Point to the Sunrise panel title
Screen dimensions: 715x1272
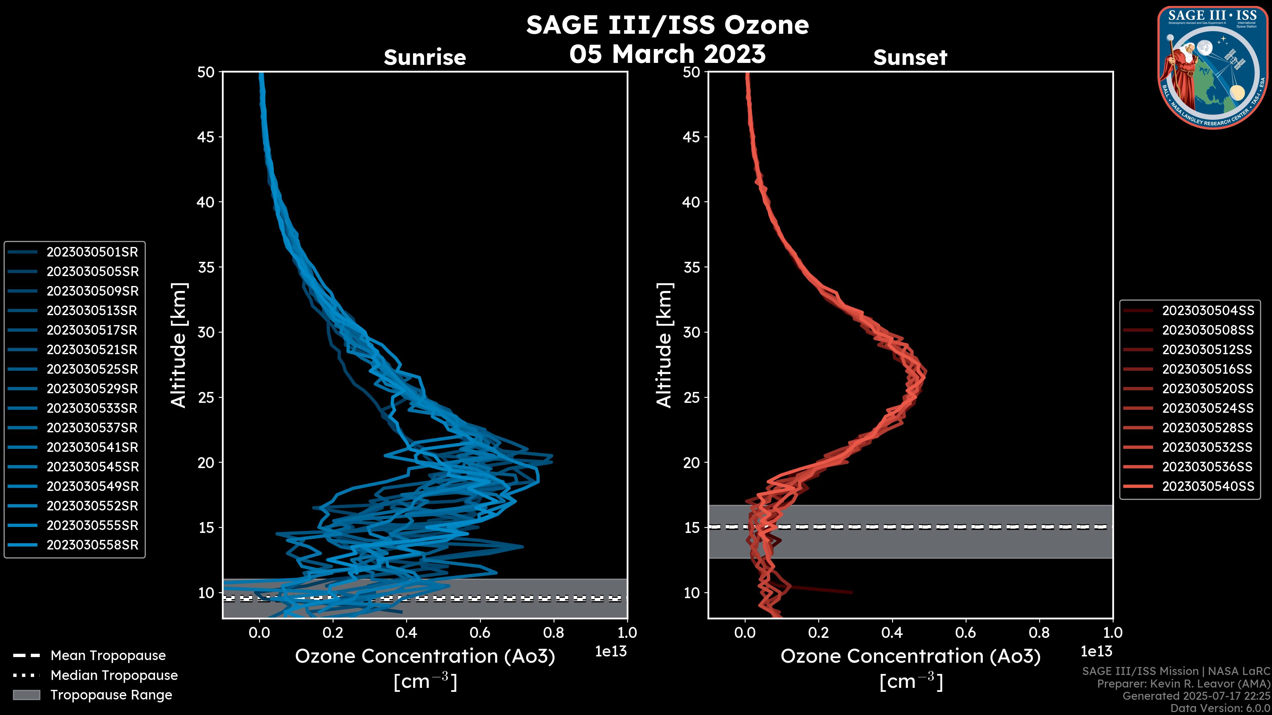(x=425, y=58)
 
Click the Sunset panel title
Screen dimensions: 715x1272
(x=910, y=58)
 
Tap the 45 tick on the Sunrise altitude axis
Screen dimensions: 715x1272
(x=206, y=137)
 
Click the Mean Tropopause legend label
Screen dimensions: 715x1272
(x=108, y=656)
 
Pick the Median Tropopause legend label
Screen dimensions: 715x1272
(x=114, y=676)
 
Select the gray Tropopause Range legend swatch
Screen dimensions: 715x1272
(x=26, y=695)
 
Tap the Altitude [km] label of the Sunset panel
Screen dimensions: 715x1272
(x=664, y=345)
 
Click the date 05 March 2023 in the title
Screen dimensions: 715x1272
(x=667, y=54)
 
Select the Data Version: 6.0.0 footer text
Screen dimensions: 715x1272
(x=1221, y=709)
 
